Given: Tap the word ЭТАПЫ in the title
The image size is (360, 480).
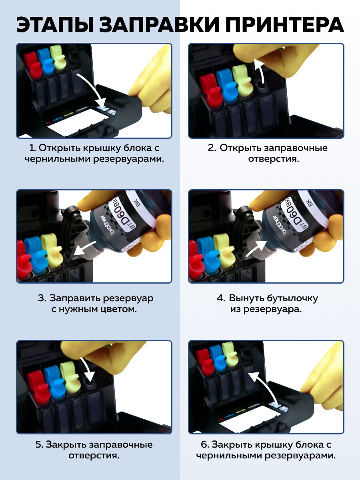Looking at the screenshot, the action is (x=55, y=24).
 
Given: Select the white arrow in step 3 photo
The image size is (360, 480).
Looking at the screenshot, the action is (x=84, y=248).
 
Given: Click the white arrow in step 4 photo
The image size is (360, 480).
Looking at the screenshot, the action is (x=256, y=249).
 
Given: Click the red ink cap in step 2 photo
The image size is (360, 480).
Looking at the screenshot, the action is (x=210, y=88).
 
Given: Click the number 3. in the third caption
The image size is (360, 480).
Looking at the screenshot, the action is (x=42, y=298).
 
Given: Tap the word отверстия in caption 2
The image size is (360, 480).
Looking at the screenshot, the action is (x=273, y=159).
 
